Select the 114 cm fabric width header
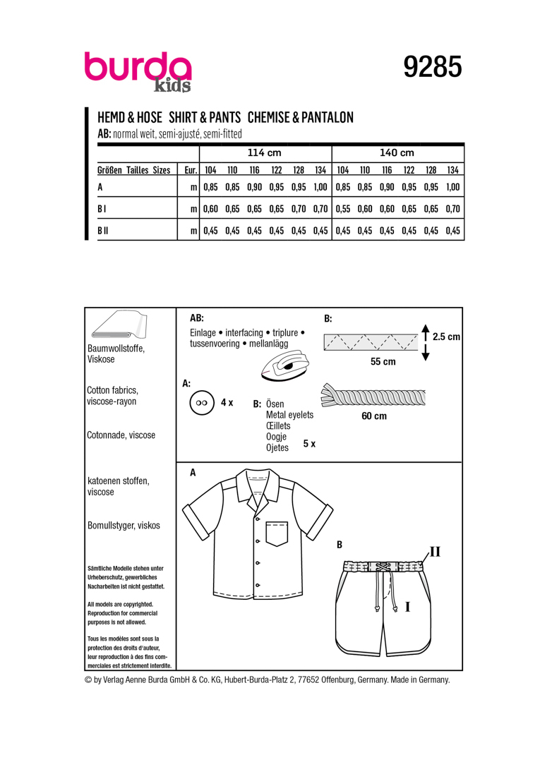(265, 153)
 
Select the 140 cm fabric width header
(397, 153)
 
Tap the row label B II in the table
(102, 230)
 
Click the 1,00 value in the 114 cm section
(320, 188)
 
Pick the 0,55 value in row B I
(342, 209)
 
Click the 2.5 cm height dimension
(446, 337)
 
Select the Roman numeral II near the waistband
(435, 551)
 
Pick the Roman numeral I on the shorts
(407, 605)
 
